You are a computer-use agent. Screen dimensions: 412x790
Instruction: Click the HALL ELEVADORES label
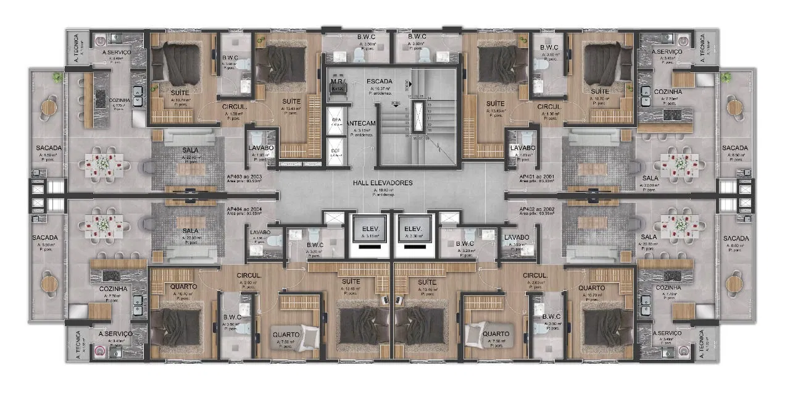[383, 183]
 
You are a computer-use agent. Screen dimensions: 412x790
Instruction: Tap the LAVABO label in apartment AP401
[523, 148]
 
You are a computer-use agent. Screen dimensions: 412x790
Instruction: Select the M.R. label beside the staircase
[337, 82]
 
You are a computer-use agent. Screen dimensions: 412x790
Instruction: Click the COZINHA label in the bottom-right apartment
[669, 288]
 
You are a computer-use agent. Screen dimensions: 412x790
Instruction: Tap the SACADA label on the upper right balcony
[735, 148]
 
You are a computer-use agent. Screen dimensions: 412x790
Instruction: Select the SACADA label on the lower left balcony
[47, 238]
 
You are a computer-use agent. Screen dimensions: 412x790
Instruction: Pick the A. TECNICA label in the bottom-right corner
[701, 343]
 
